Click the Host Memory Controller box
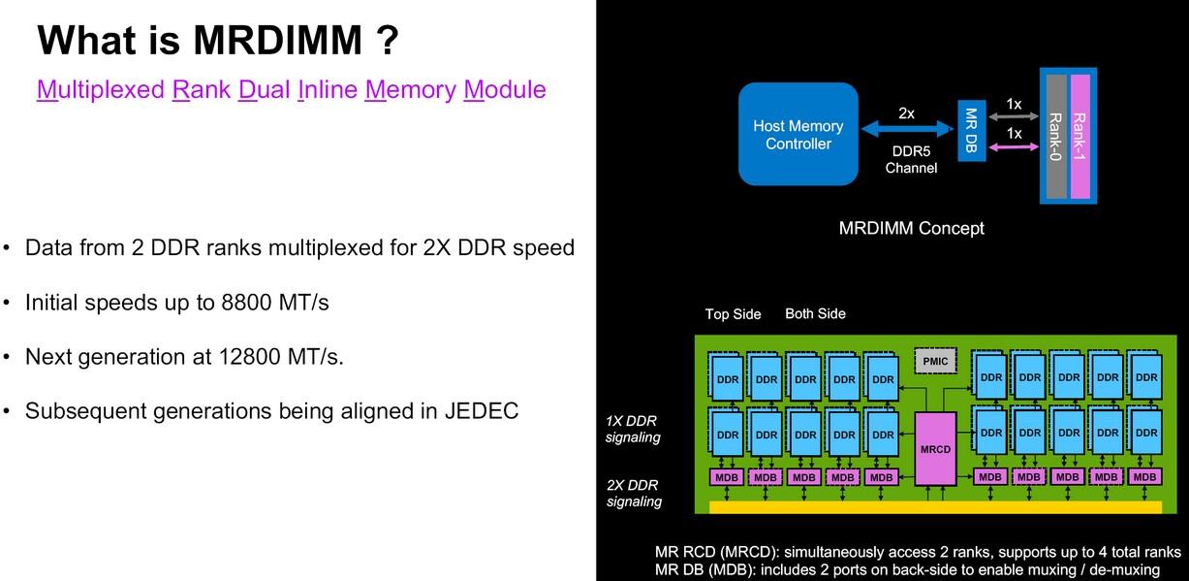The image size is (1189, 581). coord(798,134)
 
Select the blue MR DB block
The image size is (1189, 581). coord(971,130)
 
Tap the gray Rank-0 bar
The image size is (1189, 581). coord(1054,135)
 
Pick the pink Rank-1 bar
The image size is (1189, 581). coord(1079,135)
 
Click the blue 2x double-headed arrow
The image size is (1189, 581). coord(906,128)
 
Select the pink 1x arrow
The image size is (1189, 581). coord(1014,147)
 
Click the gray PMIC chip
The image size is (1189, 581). coord(935,362)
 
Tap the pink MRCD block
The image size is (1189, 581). coord(935,448)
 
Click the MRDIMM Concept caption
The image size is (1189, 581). coord(911,228)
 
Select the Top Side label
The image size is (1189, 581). coord(733,313)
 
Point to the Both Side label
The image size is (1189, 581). coord(815,313)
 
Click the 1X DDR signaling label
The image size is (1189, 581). coord(633,430)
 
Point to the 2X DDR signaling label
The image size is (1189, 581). coord(634,493)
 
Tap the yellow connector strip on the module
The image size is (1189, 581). coord(935,506)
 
